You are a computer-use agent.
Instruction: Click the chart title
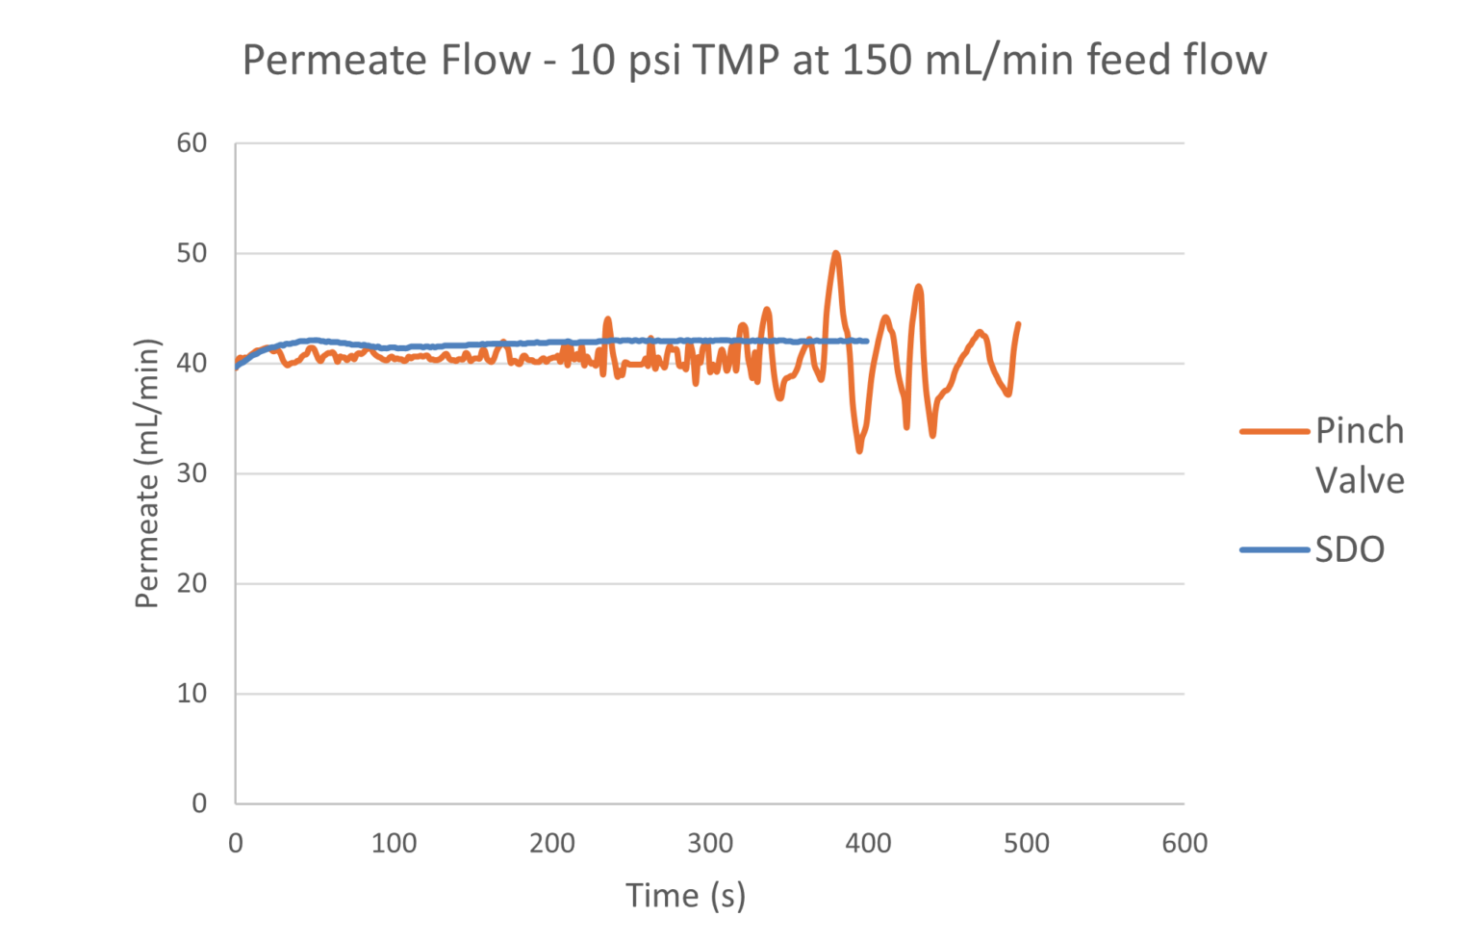click(x=754, y=61)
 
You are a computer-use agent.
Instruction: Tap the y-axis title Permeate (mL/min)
click(x=147, y=473)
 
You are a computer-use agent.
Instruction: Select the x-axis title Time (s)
click(x=685, y=895)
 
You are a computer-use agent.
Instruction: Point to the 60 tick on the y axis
click(x=191, y=143)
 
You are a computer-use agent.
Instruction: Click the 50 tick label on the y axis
click(x=191, y=254)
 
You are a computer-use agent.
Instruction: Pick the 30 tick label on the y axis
click(x=191, y=474)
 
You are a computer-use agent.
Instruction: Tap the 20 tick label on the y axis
click(x=191, y=584)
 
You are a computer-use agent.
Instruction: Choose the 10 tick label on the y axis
click(x=191, y=694)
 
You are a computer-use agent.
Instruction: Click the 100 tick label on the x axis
click(x=394, y=844)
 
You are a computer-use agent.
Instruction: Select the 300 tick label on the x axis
click(x=710, y=844)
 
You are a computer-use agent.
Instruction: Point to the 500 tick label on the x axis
click(x=1026, y=844)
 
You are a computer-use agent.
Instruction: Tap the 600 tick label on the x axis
click(x=1184, y=844)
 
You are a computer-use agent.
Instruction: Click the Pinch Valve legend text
click(x=1359, y=454)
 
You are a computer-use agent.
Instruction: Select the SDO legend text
click(x=1349, y=550)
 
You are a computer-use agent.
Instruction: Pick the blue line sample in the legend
click(x=1275, y=550)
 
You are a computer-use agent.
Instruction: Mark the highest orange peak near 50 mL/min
click(x=835, y=252)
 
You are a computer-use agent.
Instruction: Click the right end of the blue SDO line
click(x=867, y=341)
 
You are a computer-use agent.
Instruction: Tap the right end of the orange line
click(x=1018, y=323)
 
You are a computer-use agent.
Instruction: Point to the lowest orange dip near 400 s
click(x=859, y=450)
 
